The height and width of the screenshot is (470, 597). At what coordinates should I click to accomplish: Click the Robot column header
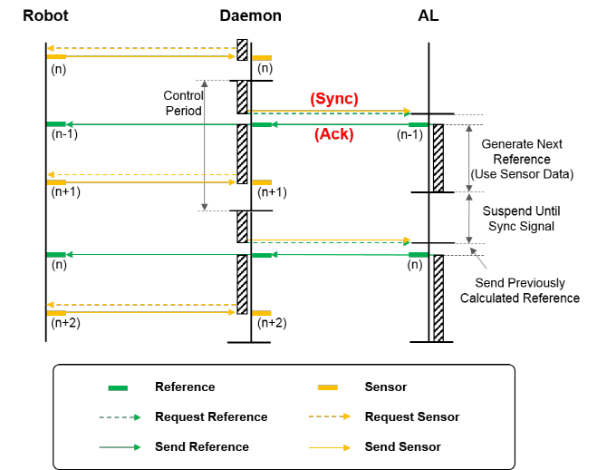(x=45, y=15)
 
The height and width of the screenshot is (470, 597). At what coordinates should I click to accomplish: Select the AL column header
(x=428, y=15)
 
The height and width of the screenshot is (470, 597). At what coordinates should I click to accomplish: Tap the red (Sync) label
(x=334, y=98)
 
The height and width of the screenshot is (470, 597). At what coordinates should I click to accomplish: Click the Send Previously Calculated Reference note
(x=520, y=291)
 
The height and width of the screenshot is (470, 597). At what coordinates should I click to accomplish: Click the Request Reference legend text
(x=211, y=417)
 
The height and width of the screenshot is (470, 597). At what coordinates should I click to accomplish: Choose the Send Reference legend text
(x=201, y=446)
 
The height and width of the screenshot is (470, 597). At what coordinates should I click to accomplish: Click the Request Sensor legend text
(x=411, y=417)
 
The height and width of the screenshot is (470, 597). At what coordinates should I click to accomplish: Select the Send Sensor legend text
(x=402, y=446)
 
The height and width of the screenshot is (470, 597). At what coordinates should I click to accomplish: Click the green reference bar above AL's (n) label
(x=419, y=255)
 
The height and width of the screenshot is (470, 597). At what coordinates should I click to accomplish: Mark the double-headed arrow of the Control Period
(x=207, y=145)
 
